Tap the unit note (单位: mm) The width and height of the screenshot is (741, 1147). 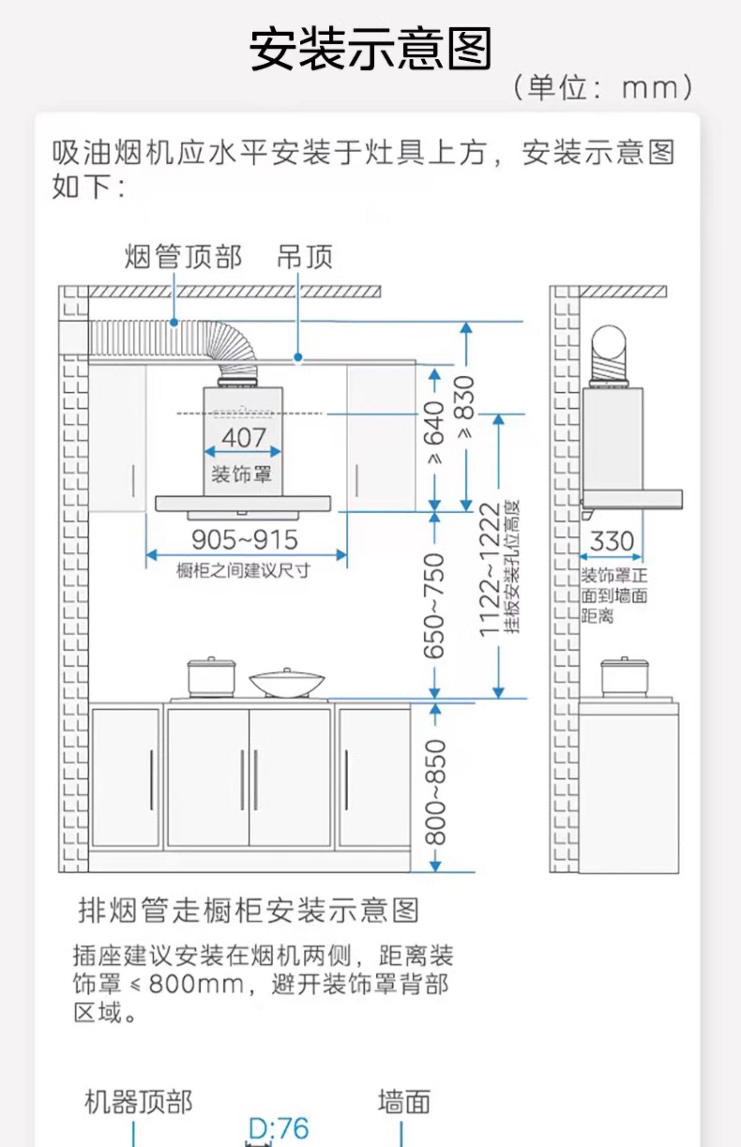603,88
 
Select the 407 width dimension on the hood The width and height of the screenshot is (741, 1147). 244,437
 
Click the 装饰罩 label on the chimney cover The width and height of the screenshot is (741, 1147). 242,474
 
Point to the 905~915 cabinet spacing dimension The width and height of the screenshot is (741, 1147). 245,539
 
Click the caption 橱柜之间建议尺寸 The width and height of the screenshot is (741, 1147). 243,571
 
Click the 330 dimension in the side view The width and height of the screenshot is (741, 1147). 612,541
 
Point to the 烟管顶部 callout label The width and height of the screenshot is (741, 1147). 183,257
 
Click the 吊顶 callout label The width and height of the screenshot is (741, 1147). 304,257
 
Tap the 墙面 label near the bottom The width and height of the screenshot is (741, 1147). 404,1102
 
